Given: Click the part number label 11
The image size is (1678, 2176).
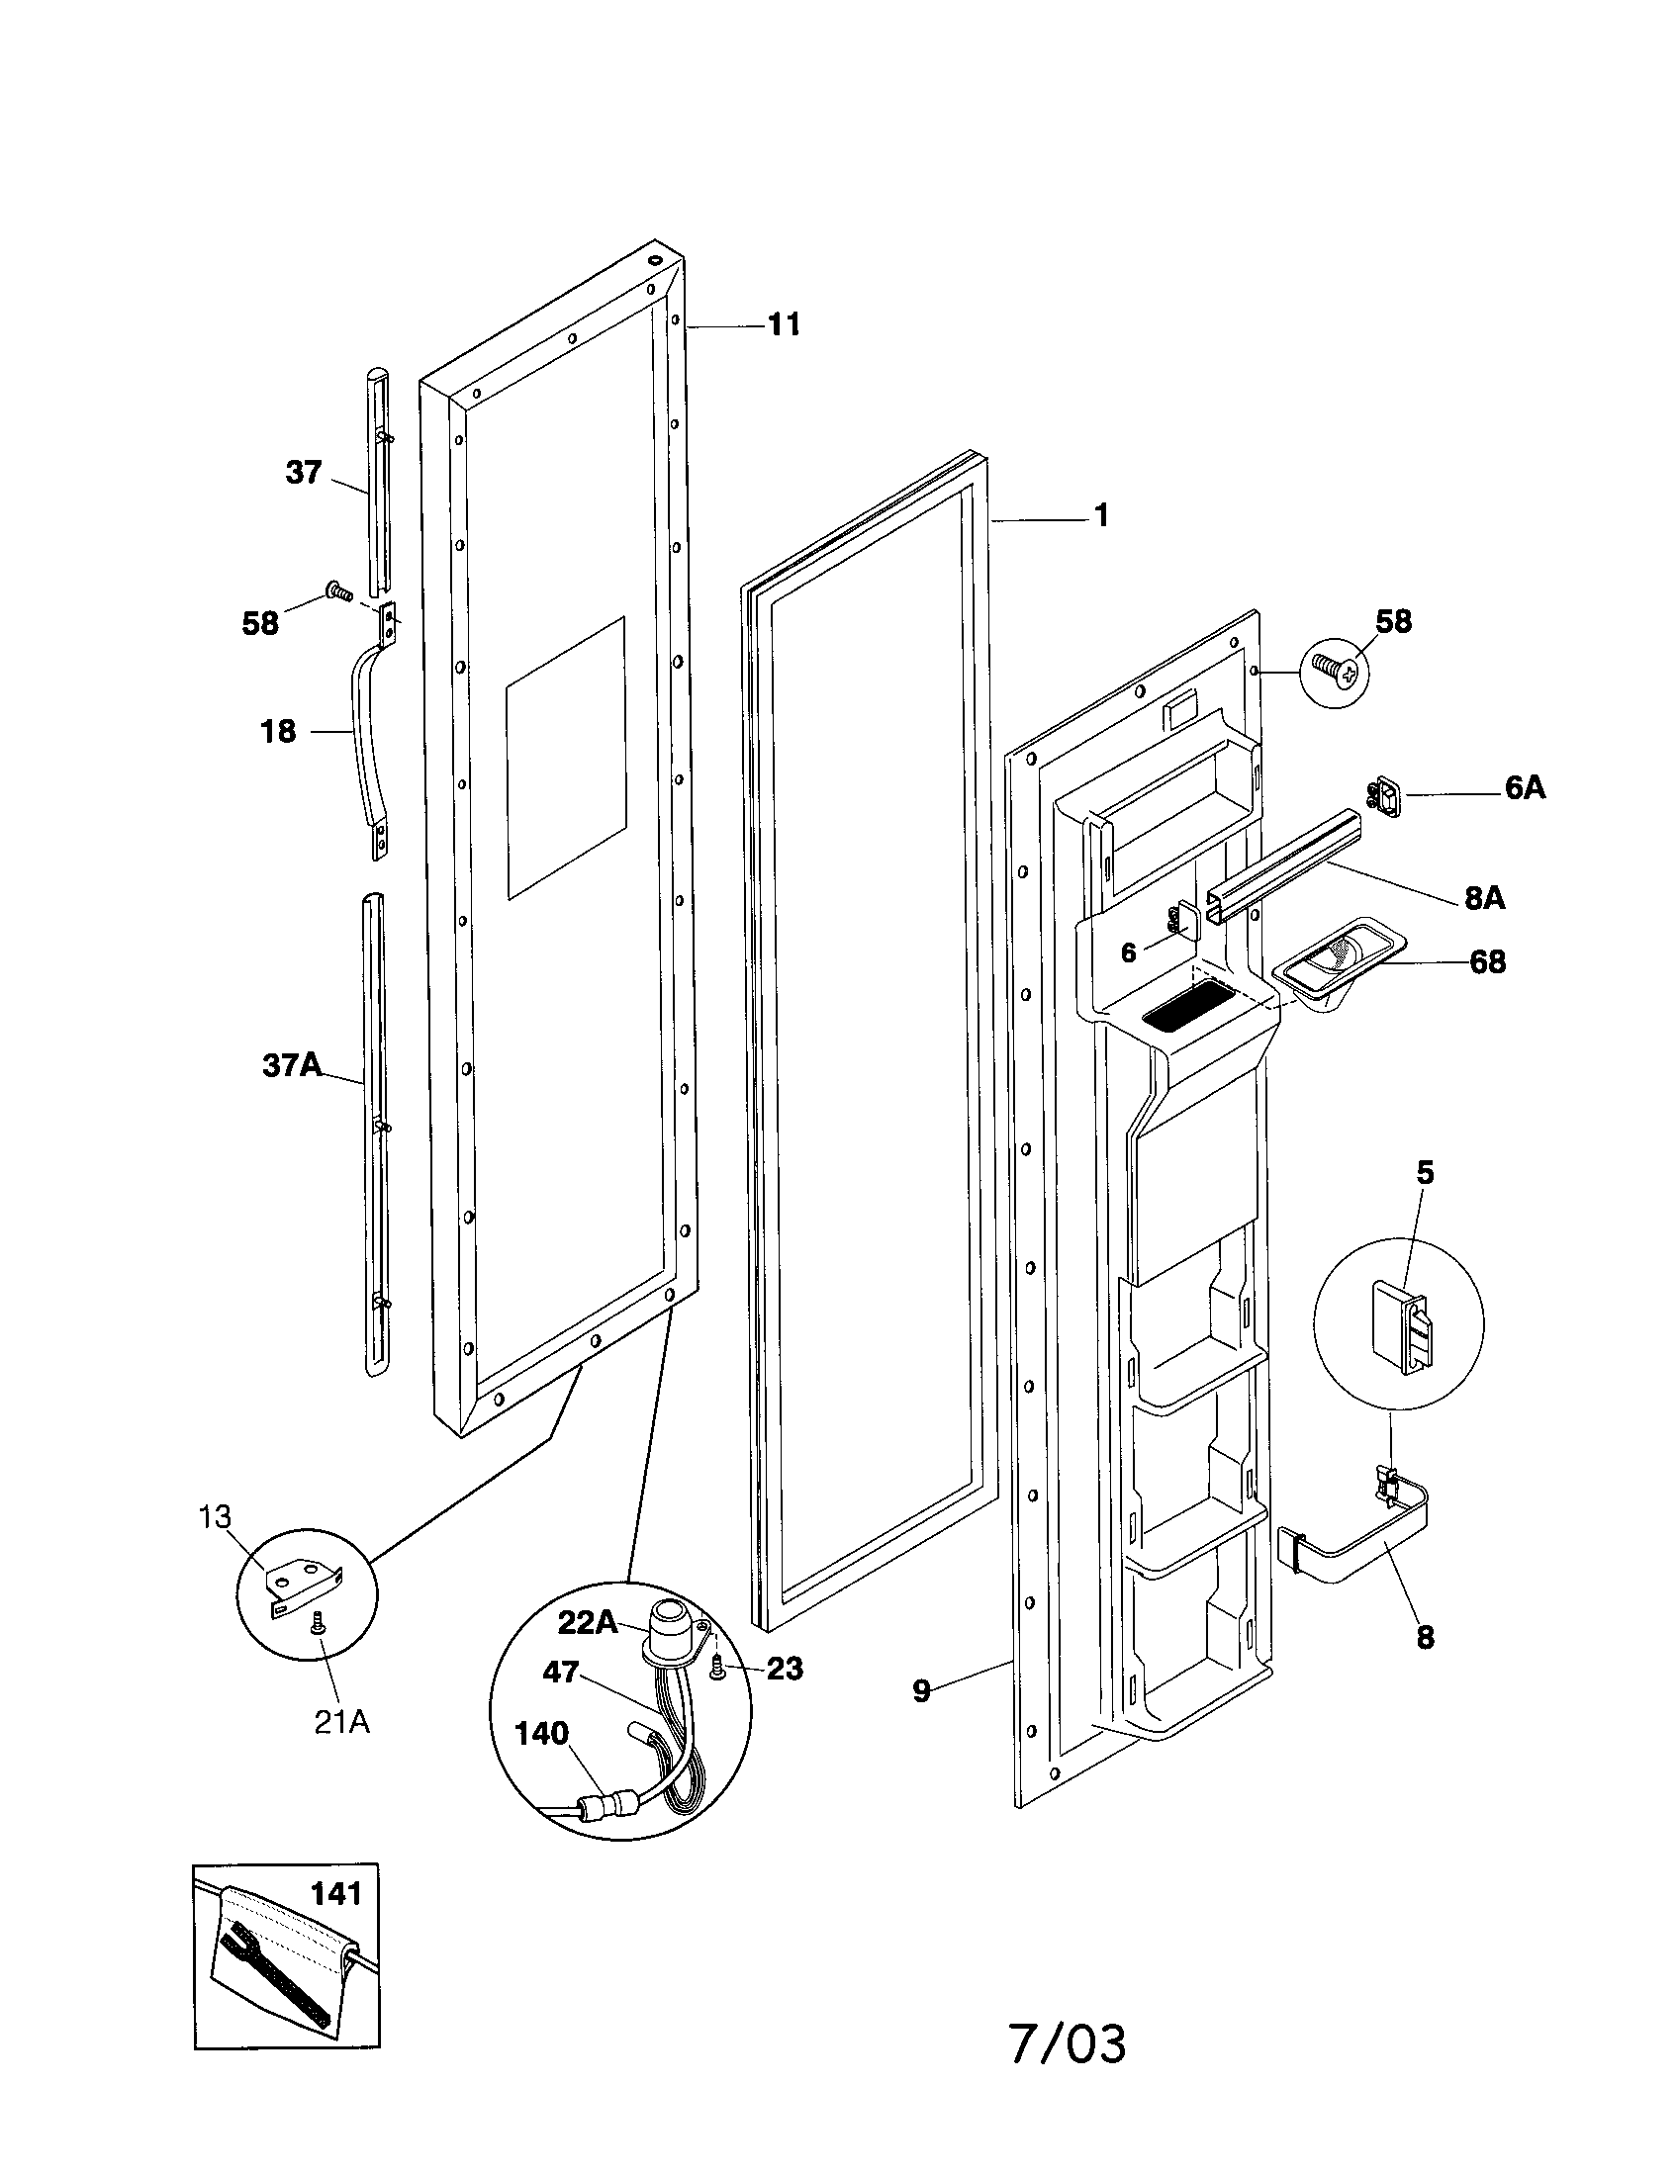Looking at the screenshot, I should point(784,324).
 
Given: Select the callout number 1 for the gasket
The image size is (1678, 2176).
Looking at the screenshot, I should point(1101,515).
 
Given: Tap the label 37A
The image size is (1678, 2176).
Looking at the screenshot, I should point(292,1065).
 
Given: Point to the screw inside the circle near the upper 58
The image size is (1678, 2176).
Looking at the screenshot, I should point(1334,674).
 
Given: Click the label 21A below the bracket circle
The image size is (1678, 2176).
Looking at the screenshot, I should point(341,1722).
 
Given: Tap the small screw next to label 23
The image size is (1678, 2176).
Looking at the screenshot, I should point(716,1669).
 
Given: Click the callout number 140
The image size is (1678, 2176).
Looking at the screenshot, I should point(541,1733).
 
